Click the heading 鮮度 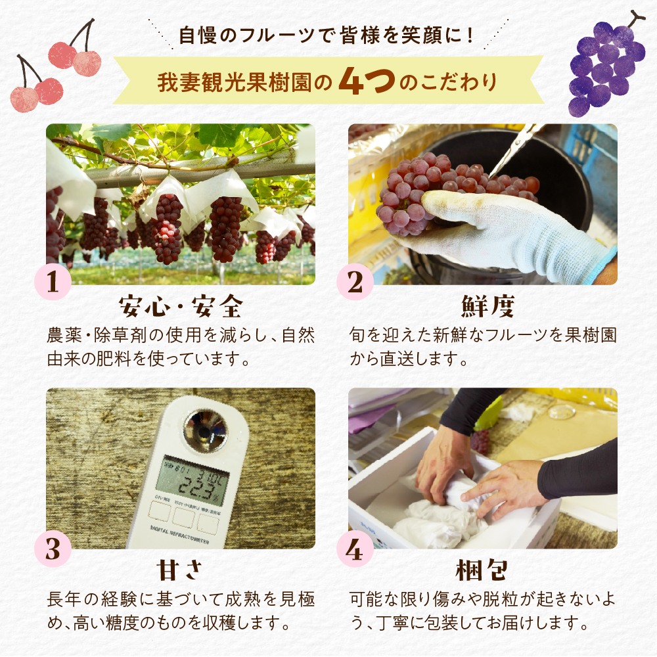pos(483,306)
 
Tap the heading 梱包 pos(483,570)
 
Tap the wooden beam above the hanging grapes pos(191,172)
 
